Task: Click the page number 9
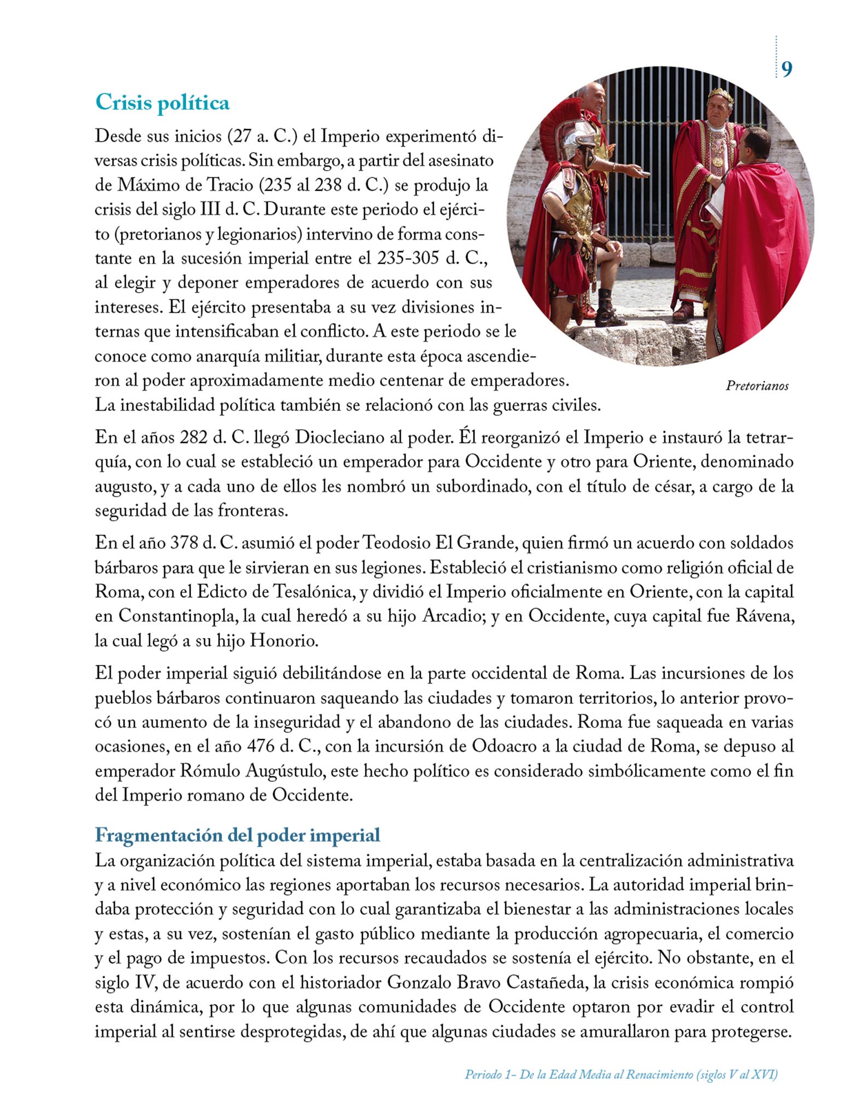pyautogui.click(x=786, y=69)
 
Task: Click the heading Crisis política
pyautogui.click(x=162, y=103)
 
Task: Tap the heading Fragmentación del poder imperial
pyautogui.click(x=237, y=835)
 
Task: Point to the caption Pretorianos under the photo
pyautogui.click(x=757, y=386)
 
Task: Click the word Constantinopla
pyautogui.click(x=178, y=616)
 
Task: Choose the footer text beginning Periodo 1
pyautogui.click(x=621, y=1075)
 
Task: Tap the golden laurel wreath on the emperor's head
pyautogui.click(x=721, y=96)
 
